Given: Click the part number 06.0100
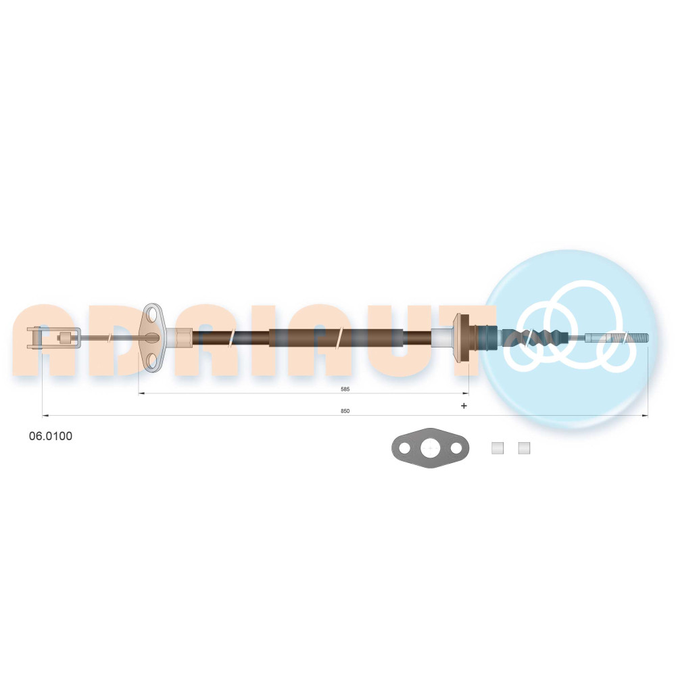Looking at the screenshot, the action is (x=51, y=436).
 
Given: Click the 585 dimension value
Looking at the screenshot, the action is (x=345, y=389).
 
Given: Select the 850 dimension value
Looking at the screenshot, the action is (x=345, y=411).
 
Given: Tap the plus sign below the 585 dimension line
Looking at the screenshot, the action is (x=464, y=406).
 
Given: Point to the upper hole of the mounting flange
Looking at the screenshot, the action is (x=153, y=316).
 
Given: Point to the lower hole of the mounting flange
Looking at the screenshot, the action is (x=153, y=360).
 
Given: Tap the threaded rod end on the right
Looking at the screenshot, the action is (x=617, y=337).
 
